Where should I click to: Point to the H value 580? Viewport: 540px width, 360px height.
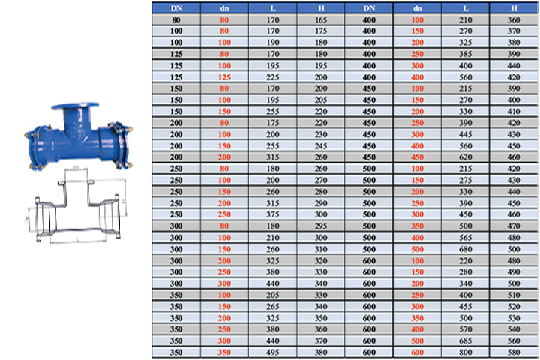coord(514,352)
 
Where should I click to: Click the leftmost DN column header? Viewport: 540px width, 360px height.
coord(176,8)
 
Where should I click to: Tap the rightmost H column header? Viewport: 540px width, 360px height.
coord(514,8)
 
